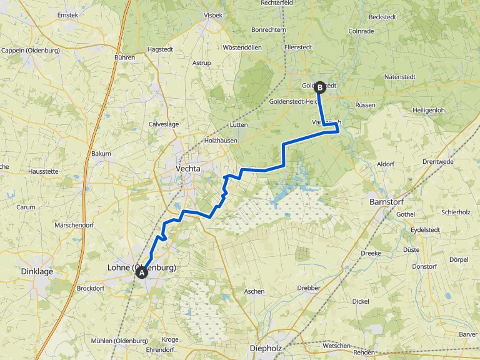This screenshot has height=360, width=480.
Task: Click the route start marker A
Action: coord(142,272)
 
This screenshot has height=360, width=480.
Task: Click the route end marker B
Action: coord(319,87)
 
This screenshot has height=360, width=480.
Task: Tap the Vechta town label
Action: coord(188,169)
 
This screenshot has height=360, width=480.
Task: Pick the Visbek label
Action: coord(213,15)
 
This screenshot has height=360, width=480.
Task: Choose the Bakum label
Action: coord(101,153)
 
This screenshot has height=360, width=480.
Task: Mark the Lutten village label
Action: coord(239,125)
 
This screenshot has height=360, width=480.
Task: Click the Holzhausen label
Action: coord(222,141)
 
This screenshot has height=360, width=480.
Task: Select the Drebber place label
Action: coord(309,288)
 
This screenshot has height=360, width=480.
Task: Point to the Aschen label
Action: coord(254,291)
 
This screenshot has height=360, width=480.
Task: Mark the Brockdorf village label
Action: coord(90,288)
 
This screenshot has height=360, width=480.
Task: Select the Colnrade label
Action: coord(361,31)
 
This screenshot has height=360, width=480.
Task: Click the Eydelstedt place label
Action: coord(425,230)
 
